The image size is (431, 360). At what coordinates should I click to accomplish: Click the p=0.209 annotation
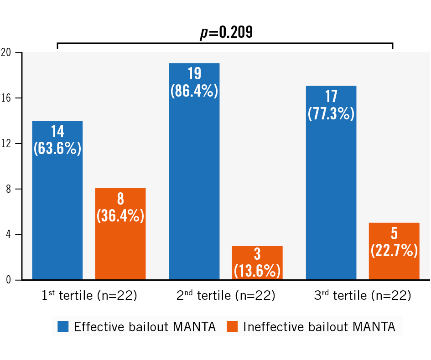227,33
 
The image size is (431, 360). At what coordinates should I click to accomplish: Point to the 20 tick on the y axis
6,52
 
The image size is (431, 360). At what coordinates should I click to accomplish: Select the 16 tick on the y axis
6,98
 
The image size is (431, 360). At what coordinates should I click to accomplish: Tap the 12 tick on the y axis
6,144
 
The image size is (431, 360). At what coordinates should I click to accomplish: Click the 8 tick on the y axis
8,189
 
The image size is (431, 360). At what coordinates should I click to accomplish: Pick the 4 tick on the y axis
8,235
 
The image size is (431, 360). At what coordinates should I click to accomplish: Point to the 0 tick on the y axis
8,280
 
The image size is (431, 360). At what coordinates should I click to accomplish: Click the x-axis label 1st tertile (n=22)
89,296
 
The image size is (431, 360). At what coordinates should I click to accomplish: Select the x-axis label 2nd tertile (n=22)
226,296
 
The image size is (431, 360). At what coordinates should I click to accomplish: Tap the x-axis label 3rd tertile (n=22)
363,296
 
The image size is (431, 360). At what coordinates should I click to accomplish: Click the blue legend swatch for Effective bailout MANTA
63,327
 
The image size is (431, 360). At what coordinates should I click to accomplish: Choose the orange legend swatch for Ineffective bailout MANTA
232,327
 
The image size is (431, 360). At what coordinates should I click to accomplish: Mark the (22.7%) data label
394,250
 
